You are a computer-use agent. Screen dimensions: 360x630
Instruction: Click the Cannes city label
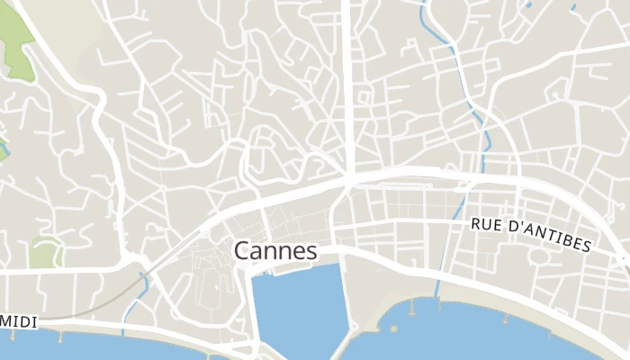point(275,250)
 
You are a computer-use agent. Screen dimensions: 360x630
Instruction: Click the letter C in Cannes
point(242,250)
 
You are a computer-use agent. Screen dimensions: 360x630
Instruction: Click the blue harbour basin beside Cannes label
point(297,306)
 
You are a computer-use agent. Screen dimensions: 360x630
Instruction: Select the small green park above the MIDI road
point(42,254)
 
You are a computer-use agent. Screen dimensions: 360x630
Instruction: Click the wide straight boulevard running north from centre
point(348,81)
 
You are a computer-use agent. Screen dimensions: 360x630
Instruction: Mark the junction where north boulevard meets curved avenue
point(349,177)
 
